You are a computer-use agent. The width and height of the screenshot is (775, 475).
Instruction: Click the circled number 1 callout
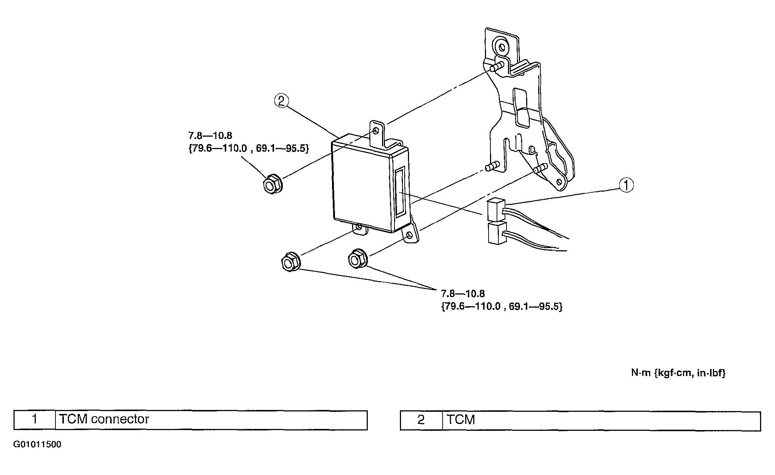pyautogui.click(x=626, y=185)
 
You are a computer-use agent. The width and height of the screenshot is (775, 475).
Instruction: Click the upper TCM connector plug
pyautogui.click(x=496, y=210)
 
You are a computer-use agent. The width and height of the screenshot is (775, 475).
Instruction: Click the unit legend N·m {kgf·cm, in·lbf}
pyautogui.click(x=678, y=373)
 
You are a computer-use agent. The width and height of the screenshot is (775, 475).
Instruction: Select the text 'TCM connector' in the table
pyautogui.click(x=104, y=419)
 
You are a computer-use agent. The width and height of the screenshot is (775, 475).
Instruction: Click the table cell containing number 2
pyautogui.click(x=421, y=420)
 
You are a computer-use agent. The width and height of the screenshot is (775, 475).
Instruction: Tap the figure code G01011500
pyautogui.click(x=37, y=444)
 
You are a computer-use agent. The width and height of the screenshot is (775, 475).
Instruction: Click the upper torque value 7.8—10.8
pyautogui.click(x=210, y=136)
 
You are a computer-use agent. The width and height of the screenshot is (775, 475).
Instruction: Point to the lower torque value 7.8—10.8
pyautogui.click(x=463, y=293)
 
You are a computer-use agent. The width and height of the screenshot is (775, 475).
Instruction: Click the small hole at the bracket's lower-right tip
pyautogui.click(x=559, y=182)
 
